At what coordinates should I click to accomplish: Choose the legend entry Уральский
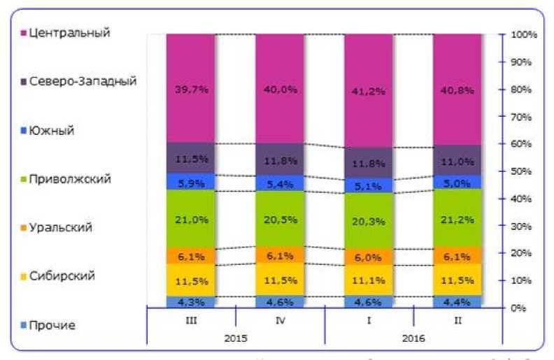[x=61, y=227]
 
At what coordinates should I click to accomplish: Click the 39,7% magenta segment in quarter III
[x=190, y=88]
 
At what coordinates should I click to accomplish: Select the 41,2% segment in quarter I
[x=368, y=90]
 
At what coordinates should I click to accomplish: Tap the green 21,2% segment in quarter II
[x=457, y=219]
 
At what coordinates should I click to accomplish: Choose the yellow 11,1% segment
[x=368, y=280]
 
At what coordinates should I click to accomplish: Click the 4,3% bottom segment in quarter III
[x=190, y=302]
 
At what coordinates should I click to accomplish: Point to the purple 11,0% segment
[x=457, y=160]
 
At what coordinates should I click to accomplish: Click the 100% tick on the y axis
[x=524, y=34]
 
